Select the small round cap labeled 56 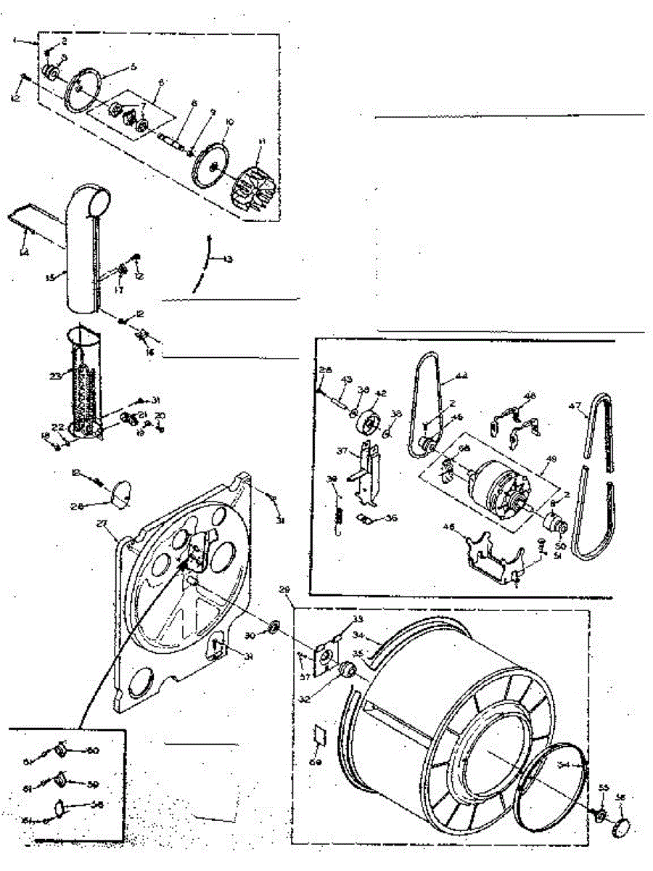tap(621, 825)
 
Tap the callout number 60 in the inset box tap(93, 751)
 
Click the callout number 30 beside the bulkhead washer tap(250, 635)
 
